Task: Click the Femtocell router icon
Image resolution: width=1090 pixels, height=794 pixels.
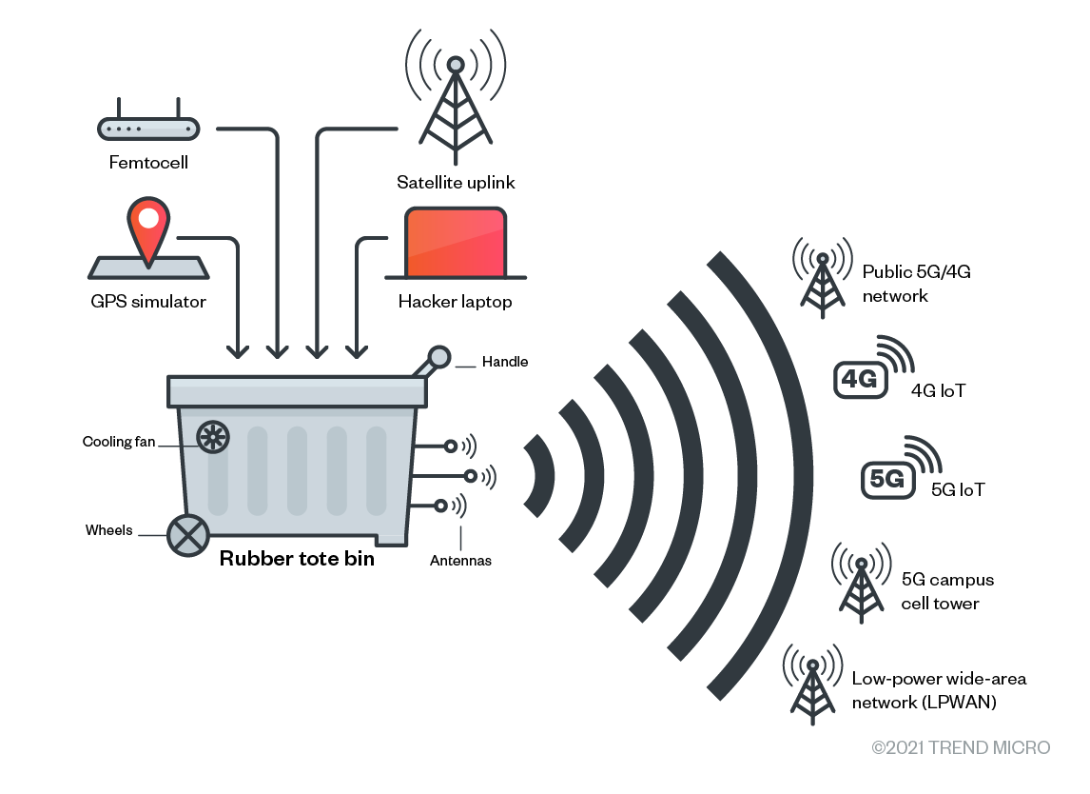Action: [x=147, y=127]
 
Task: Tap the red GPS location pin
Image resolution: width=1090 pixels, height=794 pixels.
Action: [x=148, y=227]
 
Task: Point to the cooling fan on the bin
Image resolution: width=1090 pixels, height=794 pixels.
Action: [x=213, y=437]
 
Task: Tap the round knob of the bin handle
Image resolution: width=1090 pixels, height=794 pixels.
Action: [x=439, y=357]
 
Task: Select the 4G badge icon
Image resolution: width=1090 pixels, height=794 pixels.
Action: [x=860, y=379]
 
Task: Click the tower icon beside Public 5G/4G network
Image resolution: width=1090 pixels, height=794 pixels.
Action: [x=821, y=278]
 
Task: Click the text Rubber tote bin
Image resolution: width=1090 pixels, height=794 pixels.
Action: [x=297, y=559]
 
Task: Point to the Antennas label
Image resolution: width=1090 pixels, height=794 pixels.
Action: [x=460, y=561]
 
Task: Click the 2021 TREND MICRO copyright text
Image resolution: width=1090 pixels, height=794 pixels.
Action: [x=961, y=748]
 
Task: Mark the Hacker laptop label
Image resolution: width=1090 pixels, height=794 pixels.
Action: [x=455, y=302]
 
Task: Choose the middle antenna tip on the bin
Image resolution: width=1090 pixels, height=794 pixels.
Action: [x=470, y=475]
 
